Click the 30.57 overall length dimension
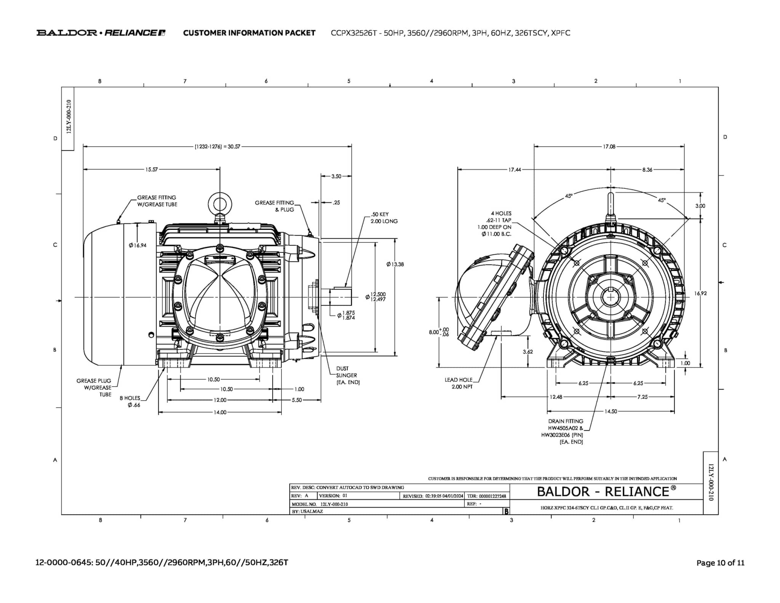pos(217,147)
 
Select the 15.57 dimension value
pos(151,170)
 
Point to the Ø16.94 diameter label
pos(137,245)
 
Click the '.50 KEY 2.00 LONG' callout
pos(384,218)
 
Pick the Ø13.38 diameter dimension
pos(395,264)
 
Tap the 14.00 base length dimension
pos(220,412)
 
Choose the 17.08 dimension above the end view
pos(609,147)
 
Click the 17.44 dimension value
pos(515,170)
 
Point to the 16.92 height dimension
pos(700,293)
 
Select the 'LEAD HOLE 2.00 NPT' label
pos(459,383)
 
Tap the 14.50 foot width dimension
pos(611,412)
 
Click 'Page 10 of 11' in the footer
pos(720,563)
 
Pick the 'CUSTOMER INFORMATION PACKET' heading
pos(249,33)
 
